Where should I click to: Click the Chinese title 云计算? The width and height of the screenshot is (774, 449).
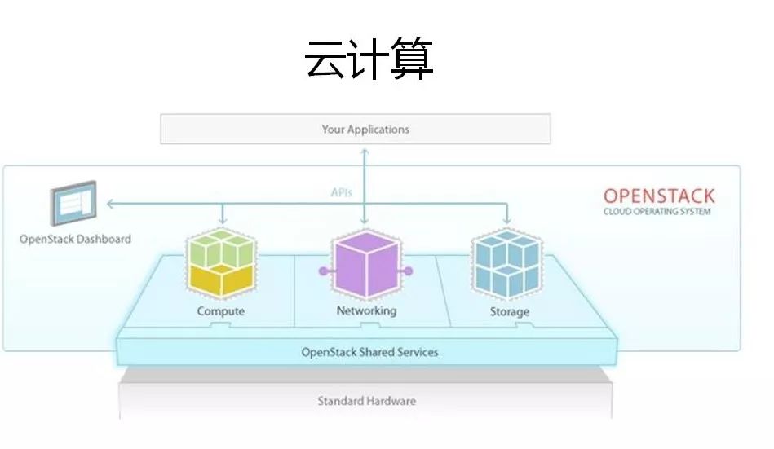click(x=369, y=59)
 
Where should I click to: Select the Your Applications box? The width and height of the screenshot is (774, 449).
click(x=356, y=129)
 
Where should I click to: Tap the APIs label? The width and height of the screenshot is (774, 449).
click(x=341, y=192)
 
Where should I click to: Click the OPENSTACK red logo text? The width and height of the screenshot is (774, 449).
click(x=658, y=196)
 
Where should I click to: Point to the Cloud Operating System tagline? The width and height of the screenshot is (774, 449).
click(x=657, y=212)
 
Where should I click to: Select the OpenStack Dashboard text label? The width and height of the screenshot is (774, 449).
click(x=75, y=240)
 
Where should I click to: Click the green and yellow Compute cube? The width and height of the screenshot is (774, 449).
click(x=220, y=264)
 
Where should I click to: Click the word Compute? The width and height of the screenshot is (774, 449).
click(x=220, y=311)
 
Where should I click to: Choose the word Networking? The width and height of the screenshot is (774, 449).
click(x=366, y=310)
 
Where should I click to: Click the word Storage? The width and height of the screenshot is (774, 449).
click(x=509, y=311)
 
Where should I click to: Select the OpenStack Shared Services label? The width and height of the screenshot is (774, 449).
click(x=369, y=352)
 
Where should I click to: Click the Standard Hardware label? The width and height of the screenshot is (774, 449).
click(x=366, y=401)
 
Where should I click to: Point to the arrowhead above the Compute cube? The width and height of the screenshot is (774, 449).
click(x=221, y=222)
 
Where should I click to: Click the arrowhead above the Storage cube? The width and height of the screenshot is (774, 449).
click(x=507, y=222)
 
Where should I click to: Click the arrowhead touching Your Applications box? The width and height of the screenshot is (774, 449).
click(x=365, y=150)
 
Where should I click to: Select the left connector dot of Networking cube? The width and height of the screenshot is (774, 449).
click(x=323, y=271)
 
